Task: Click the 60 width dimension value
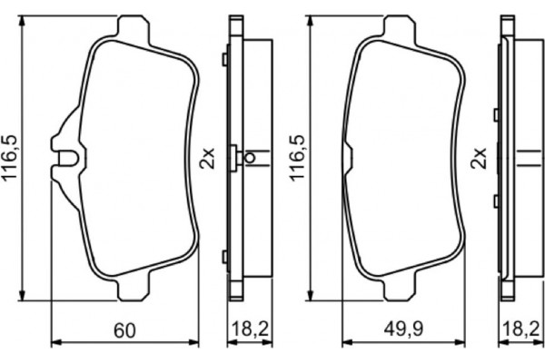pos(125,330)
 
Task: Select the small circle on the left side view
pos(250,158)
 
